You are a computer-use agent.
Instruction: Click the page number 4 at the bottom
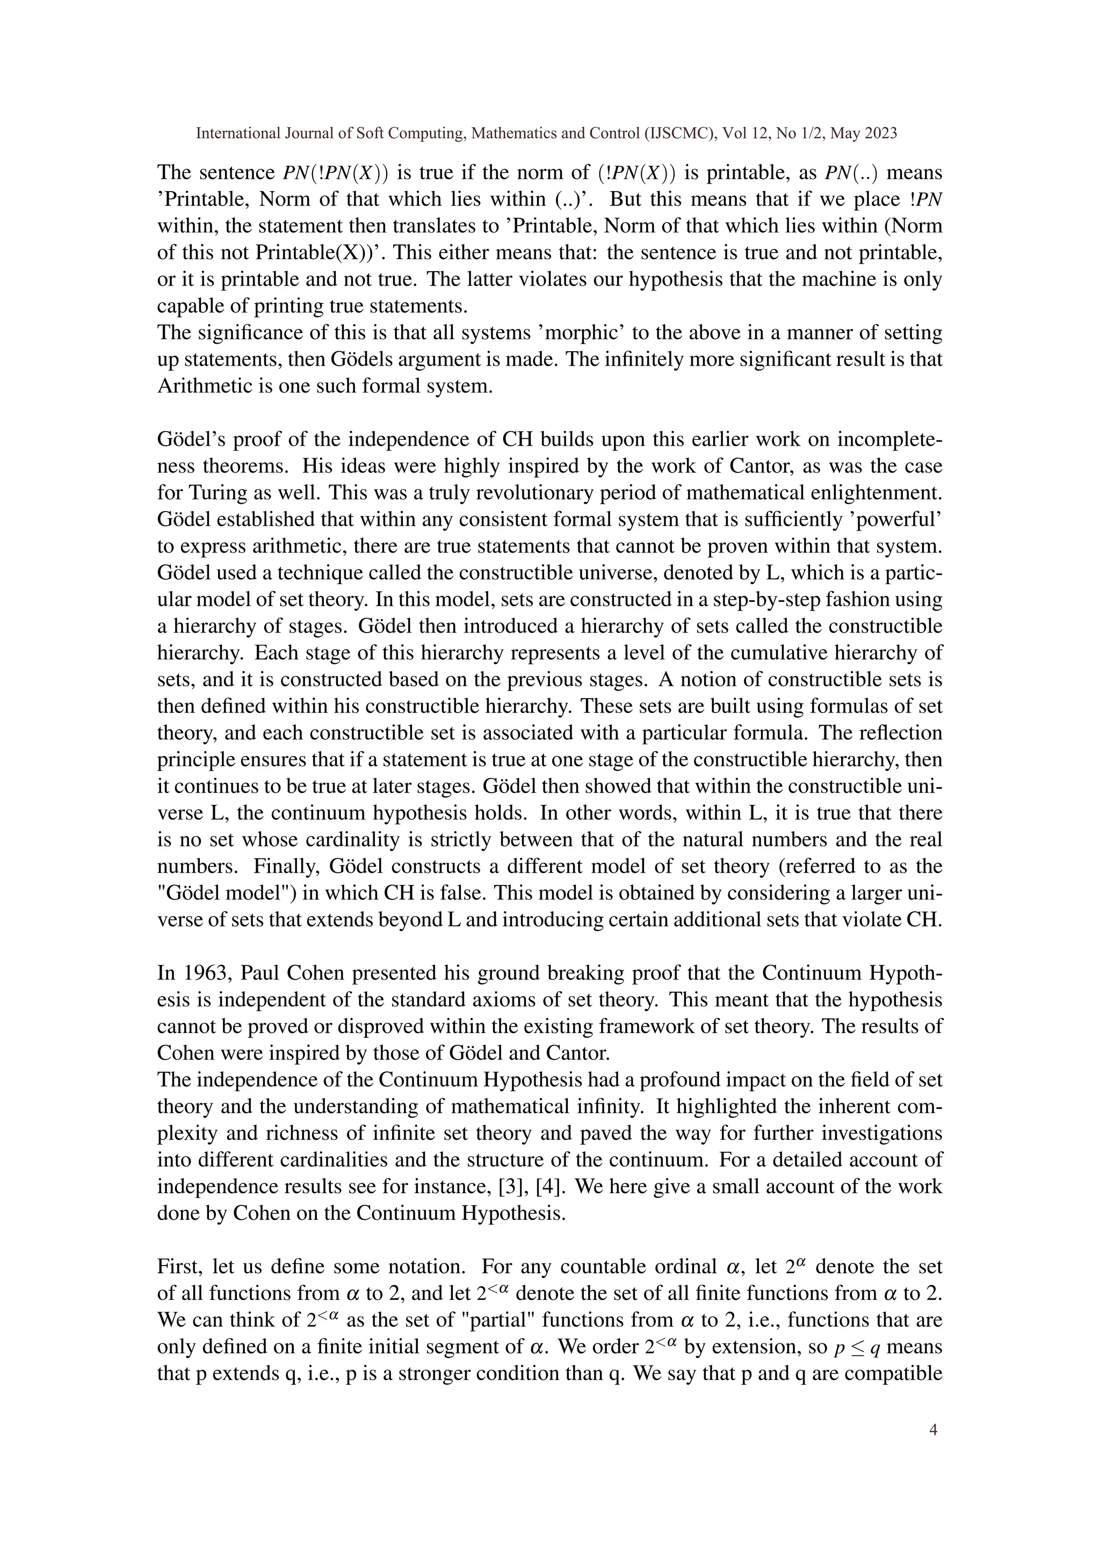point(934,1430)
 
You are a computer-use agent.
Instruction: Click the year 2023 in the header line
point(882,133)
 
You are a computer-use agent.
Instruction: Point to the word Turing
point(213,492)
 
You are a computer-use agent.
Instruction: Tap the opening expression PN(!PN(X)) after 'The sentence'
point(335,173)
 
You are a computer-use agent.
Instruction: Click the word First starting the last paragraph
point(178,1267)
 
